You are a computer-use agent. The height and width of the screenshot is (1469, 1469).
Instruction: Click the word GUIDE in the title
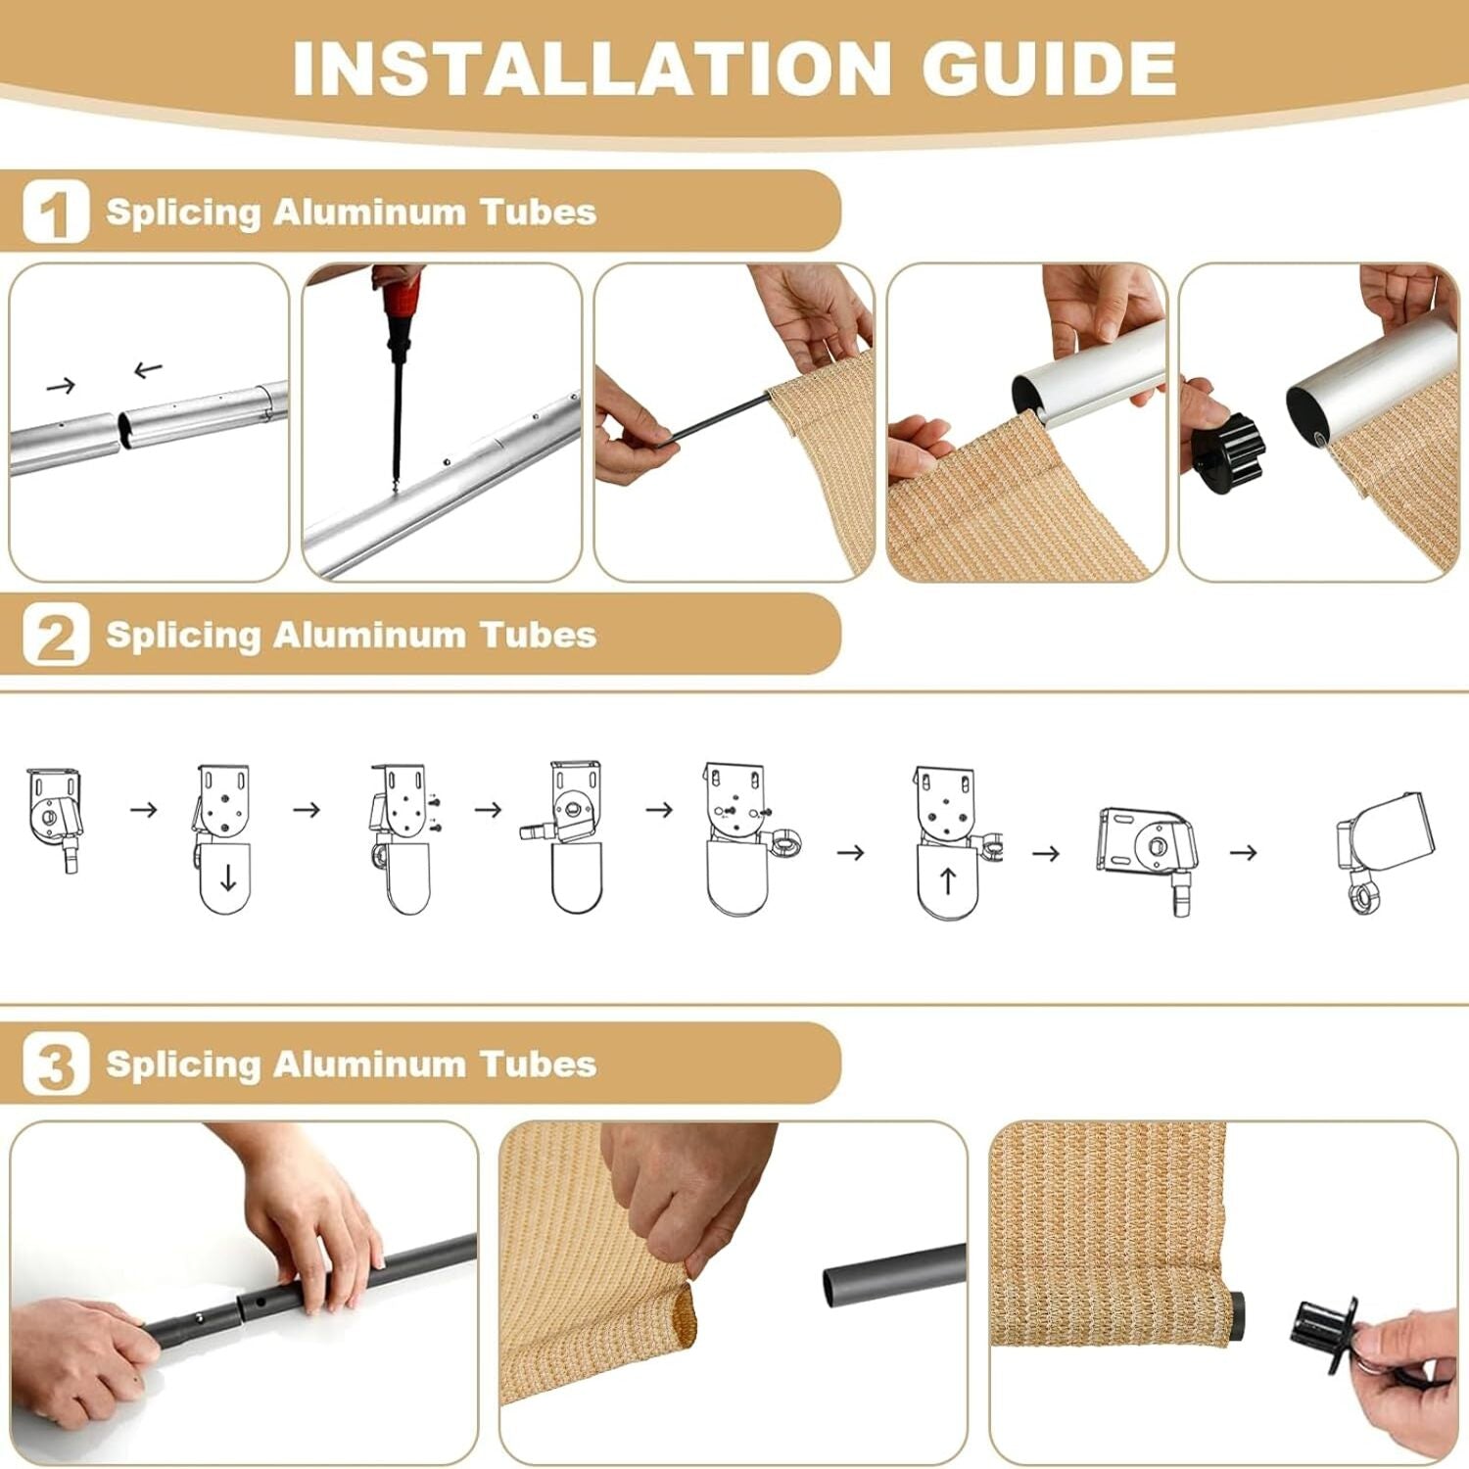click(x=1048, y=68)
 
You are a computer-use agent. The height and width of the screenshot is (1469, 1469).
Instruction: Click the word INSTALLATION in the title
click(x=592, y=68)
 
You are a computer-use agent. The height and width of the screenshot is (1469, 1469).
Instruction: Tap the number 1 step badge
click(x=56, y=211)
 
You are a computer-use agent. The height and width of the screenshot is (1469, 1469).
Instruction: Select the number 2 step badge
click(x=56, y=635)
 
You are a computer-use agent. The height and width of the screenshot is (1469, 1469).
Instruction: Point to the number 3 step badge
click(x=56, y=1064)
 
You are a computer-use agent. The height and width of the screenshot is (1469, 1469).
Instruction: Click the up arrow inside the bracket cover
click(x=947, y=880)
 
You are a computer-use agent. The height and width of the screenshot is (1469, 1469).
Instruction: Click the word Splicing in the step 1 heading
click(x=183, y=213)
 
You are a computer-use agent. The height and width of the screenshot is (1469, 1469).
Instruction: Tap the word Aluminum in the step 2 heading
click(x=369, y=635)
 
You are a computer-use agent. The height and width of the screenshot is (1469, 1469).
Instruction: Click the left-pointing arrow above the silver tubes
click(x=148, y=370)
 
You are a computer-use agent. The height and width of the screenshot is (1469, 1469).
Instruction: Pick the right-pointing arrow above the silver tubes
click(x=61, y=386)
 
